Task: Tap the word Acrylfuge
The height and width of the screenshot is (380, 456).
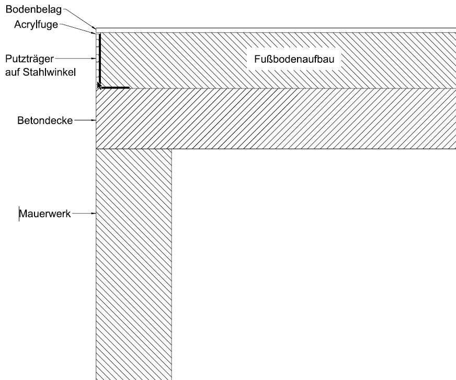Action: (x=36, y=25)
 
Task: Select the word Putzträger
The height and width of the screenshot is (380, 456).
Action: (x=29, y=58)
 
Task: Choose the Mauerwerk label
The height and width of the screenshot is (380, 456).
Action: (x=45, y=214)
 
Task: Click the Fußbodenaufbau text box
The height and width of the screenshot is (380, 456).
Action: (x=294, y=60)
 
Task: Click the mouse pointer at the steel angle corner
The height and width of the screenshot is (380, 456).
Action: (x=99, y=85)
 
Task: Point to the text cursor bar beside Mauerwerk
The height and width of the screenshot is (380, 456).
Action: (x=19, y=214)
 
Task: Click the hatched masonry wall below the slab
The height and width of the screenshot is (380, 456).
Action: (x=134, y=262)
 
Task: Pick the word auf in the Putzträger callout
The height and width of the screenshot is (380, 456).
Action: (x=12, y=72)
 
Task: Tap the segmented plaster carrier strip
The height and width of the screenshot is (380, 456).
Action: (x=97, y=52)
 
